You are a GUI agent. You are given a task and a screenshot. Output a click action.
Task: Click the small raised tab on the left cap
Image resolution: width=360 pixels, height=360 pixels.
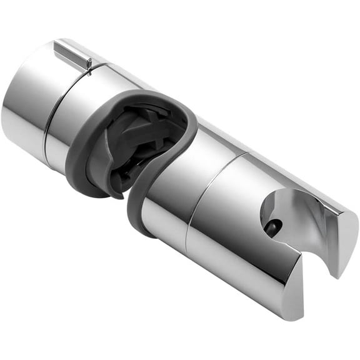(x=72, y=54)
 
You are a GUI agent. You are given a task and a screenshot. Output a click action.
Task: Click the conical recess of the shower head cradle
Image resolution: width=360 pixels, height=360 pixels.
(x=287, y=212)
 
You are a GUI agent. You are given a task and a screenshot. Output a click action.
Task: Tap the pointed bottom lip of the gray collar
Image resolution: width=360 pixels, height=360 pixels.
(x=116, y=194)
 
